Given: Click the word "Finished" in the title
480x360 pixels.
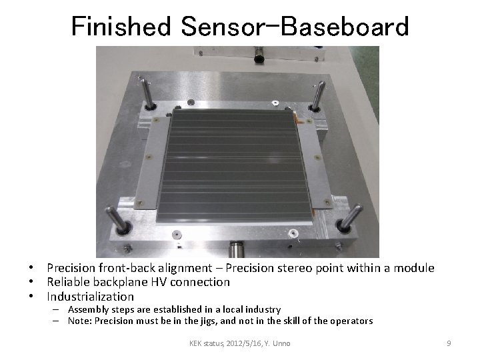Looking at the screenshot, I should pyautogui.click(x=121, y=26).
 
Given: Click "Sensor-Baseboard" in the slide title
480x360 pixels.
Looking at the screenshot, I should pyautogui.click(x=294, y=26).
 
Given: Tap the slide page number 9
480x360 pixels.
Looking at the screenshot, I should pyautogui.click(x=449, y=343).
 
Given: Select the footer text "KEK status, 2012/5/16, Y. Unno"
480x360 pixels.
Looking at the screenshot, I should pyautogui.click(x=239, y=343).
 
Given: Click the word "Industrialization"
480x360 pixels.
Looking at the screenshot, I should pyautogui.click(x=90, y=297).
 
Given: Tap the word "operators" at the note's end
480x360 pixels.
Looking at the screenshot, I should pyautogui.click(x=351, y=321).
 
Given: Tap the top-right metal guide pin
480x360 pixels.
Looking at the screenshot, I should pyautogui.click(x=318, y=95).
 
